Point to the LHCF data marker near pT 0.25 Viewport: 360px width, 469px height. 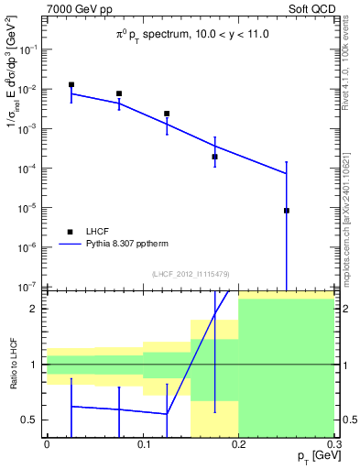point(287,211)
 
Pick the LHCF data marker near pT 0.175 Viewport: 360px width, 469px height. point(214,157)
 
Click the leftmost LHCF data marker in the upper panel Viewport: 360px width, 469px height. point(71,85)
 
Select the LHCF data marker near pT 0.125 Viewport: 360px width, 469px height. point(167,114)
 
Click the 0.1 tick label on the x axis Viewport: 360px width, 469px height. point(143,443)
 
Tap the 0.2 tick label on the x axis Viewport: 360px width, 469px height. point(238,443)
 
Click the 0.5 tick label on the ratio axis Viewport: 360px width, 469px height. point(32,420)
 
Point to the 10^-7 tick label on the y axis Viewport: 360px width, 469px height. point(28,286)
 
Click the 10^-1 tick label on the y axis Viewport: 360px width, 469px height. point(28,49)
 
